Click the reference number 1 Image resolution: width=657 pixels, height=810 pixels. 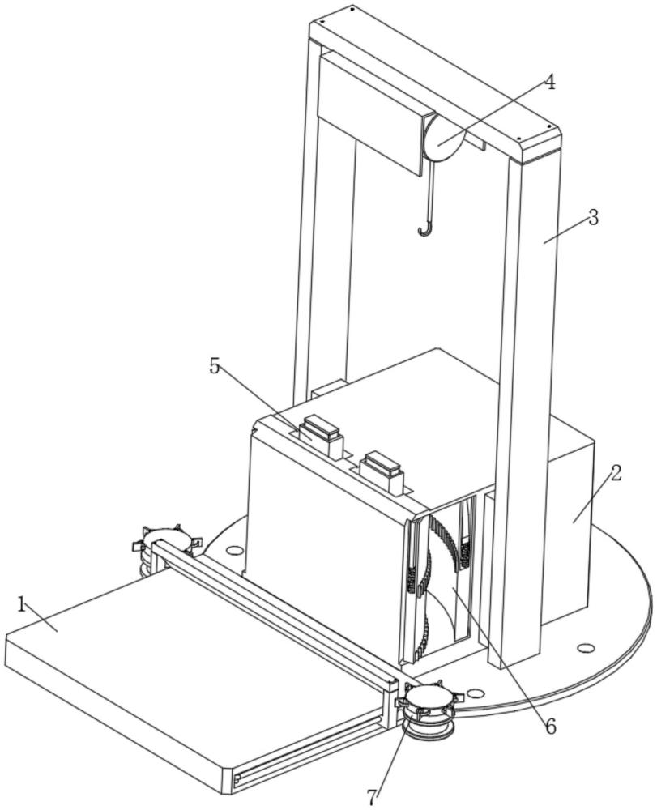point(21,604)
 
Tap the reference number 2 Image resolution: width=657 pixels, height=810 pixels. point(616,474)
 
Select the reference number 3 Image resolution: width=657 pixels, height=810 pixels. point(594,217)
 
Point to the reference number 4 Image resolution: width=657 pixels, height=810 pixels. point(550,83)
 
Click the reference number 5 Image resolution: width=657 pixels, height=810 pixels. point(215,366)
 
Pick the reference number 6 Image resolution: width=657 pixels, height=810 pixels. point(550,727)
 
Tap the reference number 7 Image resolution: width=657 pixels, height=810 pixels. point(372,797)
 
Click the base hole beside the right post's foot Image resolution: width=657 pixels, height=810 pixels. point(476,693)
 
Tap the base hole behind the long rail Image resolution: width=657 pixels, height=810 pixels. point(234,550)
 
